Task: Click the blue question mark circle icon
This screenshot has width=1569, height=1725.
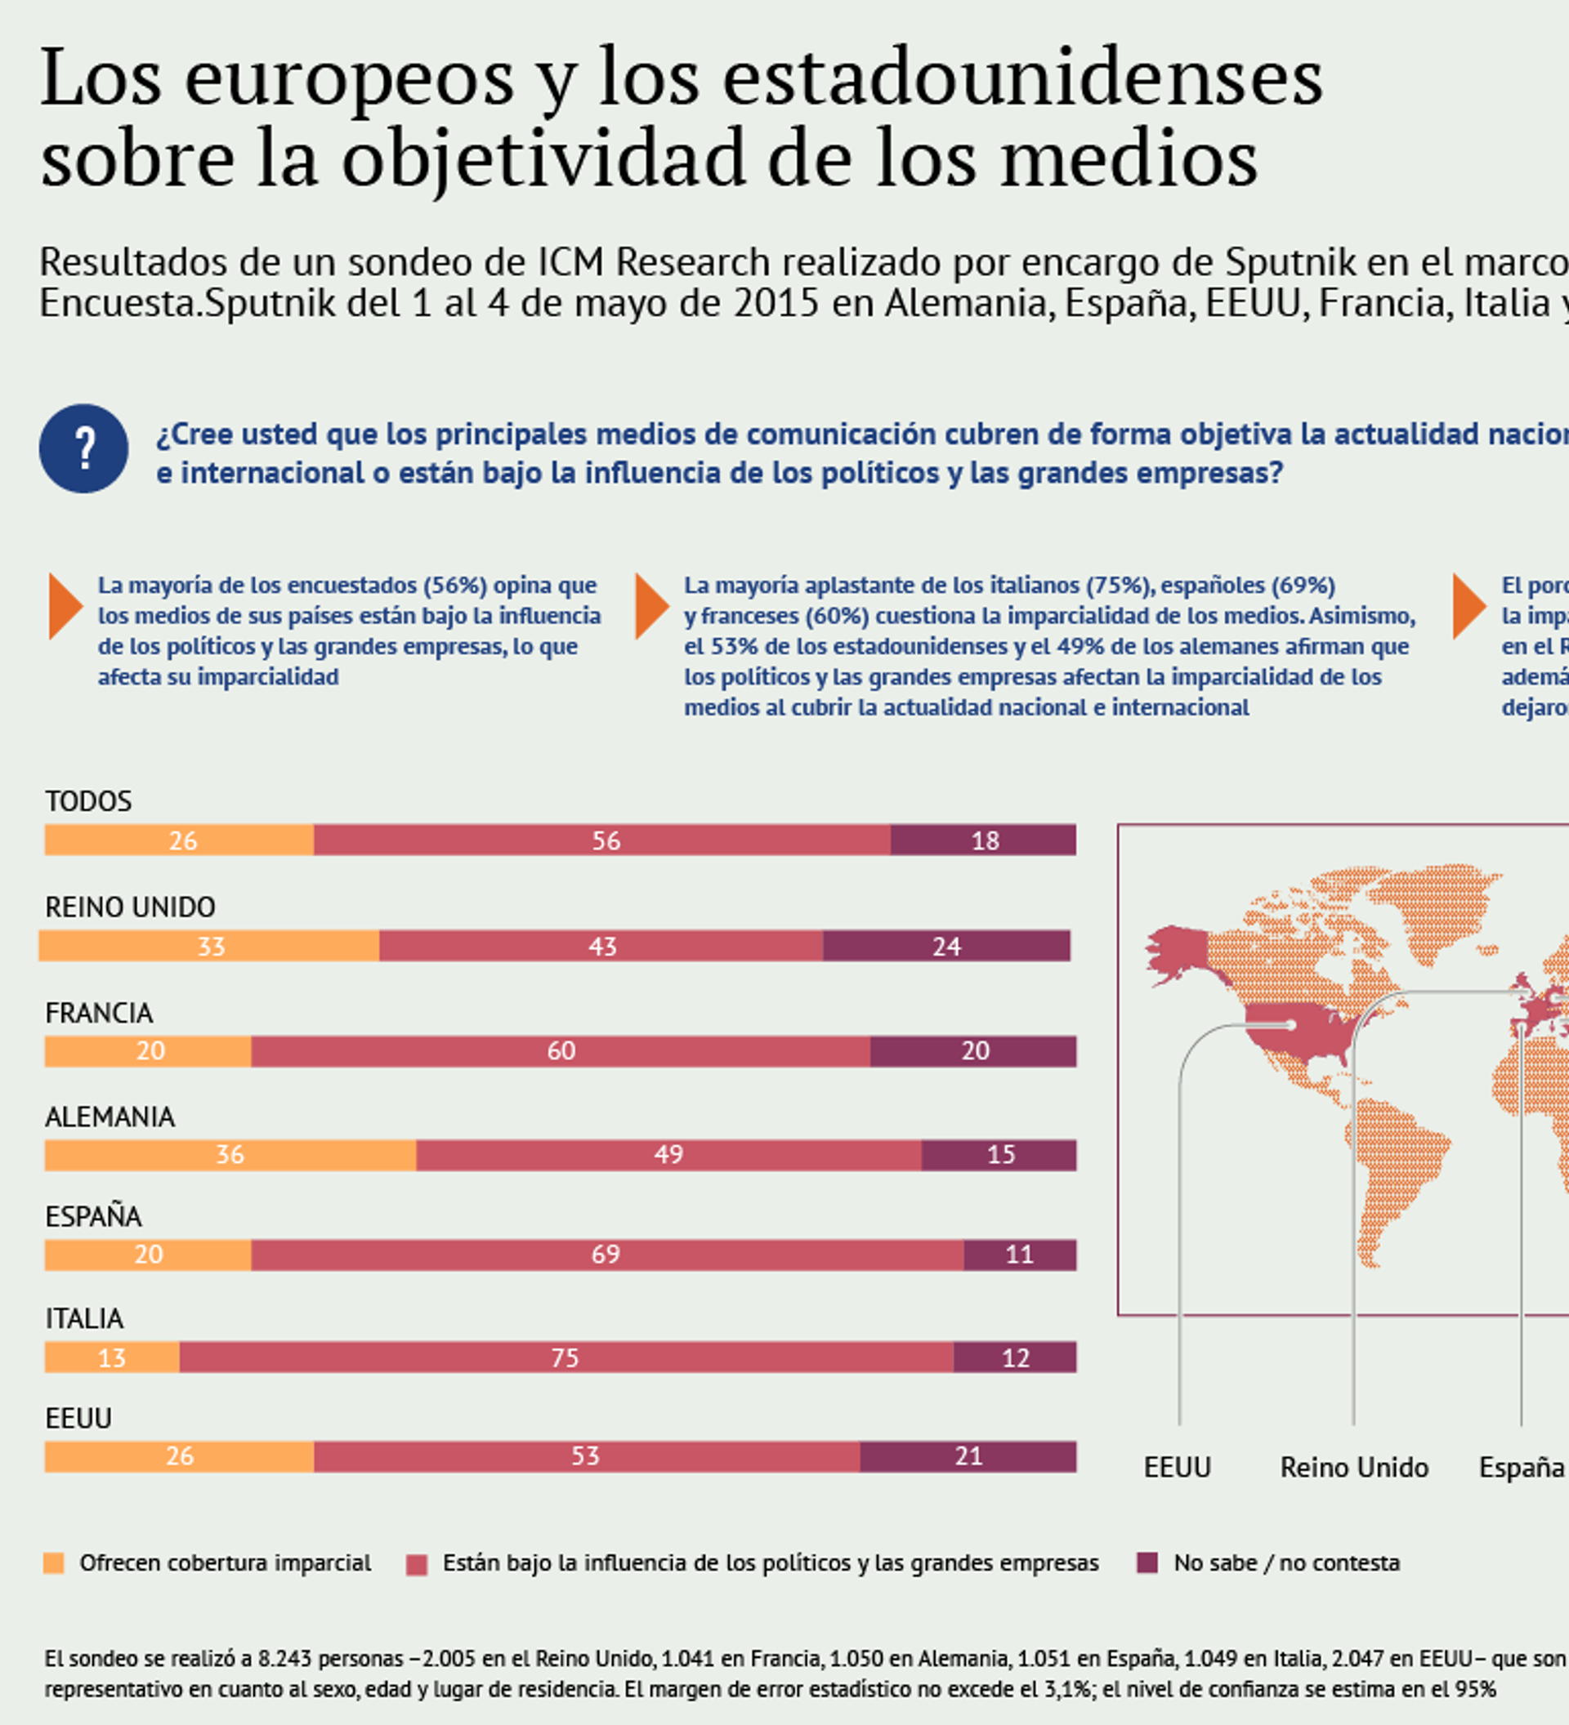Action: pos(84,448)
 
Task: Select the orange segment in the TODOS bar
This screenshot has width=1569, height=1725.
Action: pos(179,840)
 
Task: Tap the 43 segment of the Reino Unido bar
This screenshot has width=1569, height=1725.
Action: pos(601,946)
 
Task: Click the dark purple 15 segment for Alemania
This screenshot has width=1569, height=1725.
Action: pos(999,1154)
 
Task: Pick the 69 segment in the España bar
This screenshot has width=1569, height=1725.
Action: pos(607,1255)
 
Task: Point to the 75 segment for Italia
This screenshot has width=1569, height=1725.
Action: pos(565,1357)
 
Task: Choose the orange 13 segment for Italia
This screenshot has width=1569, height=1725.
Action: pos(112,1357)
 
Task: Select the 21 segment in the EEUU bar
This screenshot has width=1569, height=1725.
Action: pos(968,1456)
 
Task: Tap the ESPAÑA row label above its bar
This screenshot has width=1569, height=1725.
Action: pos(93,1216)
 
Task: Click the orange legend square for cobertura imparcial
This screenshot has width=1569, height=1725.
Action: pos(54,1563)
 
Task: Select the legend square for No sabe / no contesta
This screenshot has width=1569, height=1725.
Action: pos(1147,1563)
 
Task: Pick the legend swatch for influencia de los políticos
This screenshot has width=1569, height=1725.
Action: pos(417,1565)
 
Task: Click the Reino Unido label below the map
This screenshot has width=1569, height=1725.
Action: pos(1354,1468)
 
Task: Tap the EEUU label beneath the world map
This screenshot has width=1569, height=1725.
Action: pos(1177,1468)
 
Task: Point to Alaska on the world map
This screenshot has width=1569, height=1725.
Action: pos(1178,950)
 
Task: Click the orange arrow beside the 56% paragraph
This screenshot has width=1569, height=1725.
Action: pos(65,607)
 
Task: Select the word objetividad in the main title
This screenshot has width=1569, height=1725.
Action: pos(543,159)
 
